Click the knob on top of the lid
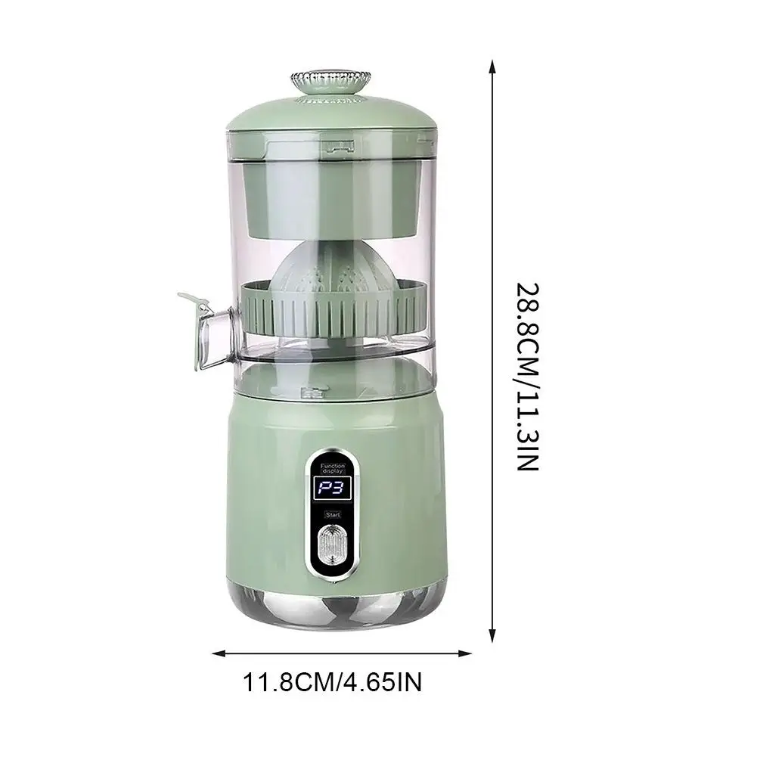pos(330,82)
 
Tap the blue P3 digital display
pos(333,489)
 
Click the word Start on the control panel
pos(333,515)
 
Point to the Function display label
pos(333,468)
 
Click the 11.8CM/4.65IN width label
pos(332,683)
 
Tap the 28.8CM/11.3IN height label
pos(527,377)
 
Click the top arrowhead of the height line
pos(492,66)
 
